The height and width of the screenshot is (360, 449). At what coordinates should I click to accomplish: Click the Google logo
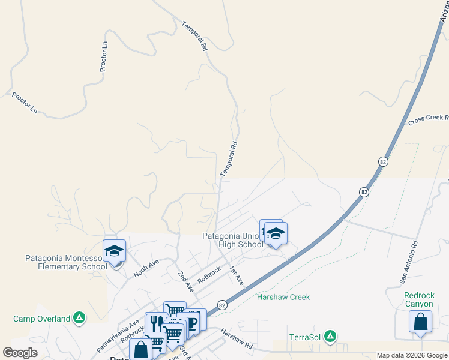(x=20, y=353)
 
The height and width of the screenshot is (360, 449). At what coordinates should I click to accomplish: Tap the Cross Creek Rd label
(x=428, y=119)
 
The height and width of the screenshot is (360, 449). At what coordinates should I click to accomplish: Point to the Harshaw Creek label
(x=283, y=297)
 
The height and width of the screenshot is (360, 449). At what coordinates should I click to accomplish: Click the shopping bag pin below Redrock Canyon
(x=420, y=322)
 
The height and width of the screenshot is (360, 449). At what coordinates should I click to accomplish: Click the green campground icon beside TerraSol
(x=330, y=337)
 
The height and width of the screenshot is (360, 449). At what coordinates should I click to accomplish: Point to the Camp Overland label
(x=42, y=319)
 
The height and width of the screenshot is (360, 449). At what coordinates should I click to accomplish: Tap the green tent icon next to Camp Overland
(x=79, y=318)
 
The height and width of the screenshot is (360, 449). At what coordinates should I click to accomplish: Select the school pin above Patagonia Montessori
(x=113, y=251)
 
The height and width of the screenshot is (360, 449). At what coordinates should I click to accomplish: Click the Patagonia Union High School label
(x=232, y=240)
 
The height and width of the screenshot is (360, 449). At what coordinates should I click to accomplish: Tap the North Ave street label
(x=146, y=268)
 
